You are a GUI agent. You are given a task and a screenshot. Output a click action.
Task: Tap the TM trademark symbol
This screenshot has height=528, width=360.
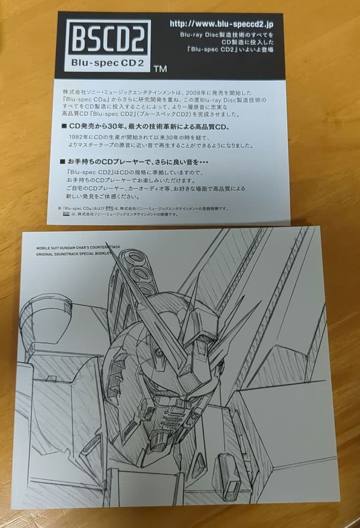click(x=160, y=69)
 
